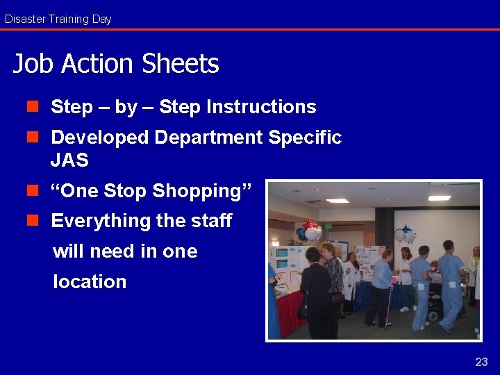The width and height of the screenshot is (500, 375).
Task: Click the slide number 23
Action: [481, 362]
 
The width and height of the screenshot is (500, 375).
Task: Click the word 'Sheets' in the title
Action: [180, 64]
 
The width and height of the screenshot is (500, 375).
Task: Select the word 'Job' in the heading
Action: [34, 64]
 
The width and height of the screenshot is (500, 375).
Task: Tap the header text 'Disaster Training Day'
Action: [58, 19]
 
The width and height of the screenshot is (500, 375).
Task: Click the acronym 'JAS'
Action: [69, 160]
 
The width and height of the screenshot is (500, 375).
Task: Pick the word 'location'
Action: [90, 282]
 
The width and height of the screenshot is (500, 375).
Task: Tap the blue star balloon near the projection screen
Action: [405, 234]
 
